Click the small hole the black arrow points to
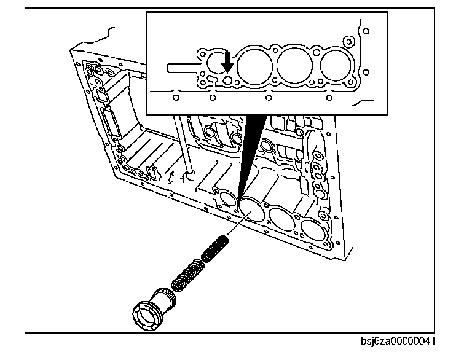[x=227, y=80]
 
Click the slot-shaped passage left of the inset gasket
[x=182, y=65]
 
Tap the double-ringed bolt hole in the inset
[x=351, y=42]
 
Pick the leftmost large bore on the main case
[x=251, y=208]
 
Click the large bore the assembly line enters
[x=251, y=208]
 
